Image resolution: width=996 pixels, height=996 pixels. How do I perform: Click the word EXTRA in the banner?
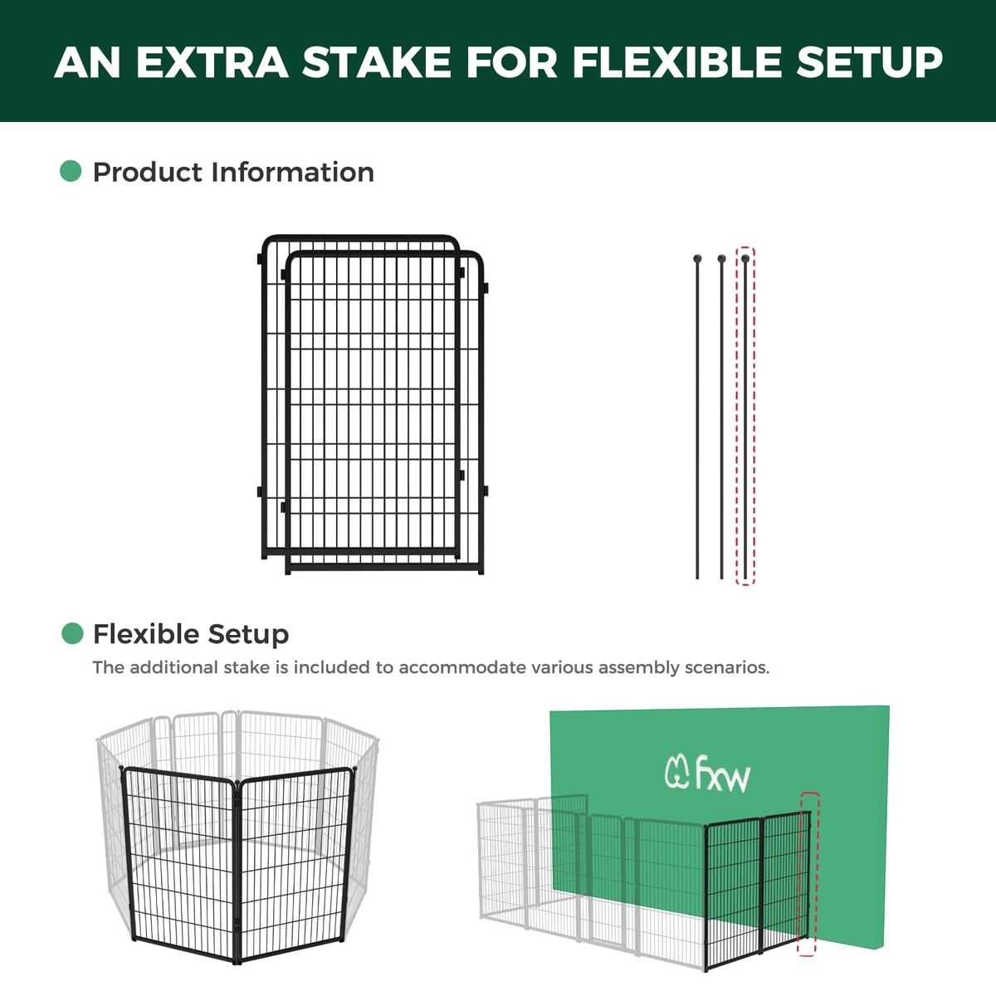click(212, 62)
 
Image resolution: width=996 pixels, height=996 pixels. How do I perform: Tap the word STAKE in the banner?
click(376, 62)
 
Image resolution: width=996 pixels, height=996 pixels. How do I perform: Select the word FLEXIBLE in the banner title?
click(676, 62)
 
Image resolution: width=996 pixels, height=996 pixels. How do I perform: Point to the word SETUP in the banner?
click(869, 62)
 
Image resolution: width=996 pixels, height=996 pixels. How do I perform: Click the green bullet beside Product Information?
click(71, 171)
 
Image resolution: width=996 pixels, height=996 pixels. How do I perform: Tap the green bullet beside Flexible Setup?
click(72, 633)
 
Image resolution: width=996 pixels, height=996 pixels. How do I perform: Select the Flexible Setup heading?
click(191, 634)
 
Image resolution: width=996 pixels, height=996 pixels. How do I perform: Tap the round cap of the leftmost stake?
click(697, 258)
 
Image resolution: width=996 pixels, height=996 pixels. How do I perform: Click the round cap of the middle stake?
click(721, 258)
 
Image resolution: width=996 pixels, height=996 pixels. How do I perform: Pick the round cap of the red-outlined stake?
click(745, 258)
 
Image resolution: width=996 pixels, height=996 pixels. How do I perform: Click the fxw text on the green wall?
click(723, 774)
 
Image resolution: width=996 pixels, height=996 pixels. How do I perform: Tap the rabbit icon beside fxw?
click(677, 772)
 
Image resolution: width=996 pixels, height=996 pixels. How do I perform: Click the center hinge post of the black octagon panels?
click(237, 872)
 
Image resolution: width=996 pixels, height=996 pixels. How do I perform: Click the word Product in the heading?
click(148, 172)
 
